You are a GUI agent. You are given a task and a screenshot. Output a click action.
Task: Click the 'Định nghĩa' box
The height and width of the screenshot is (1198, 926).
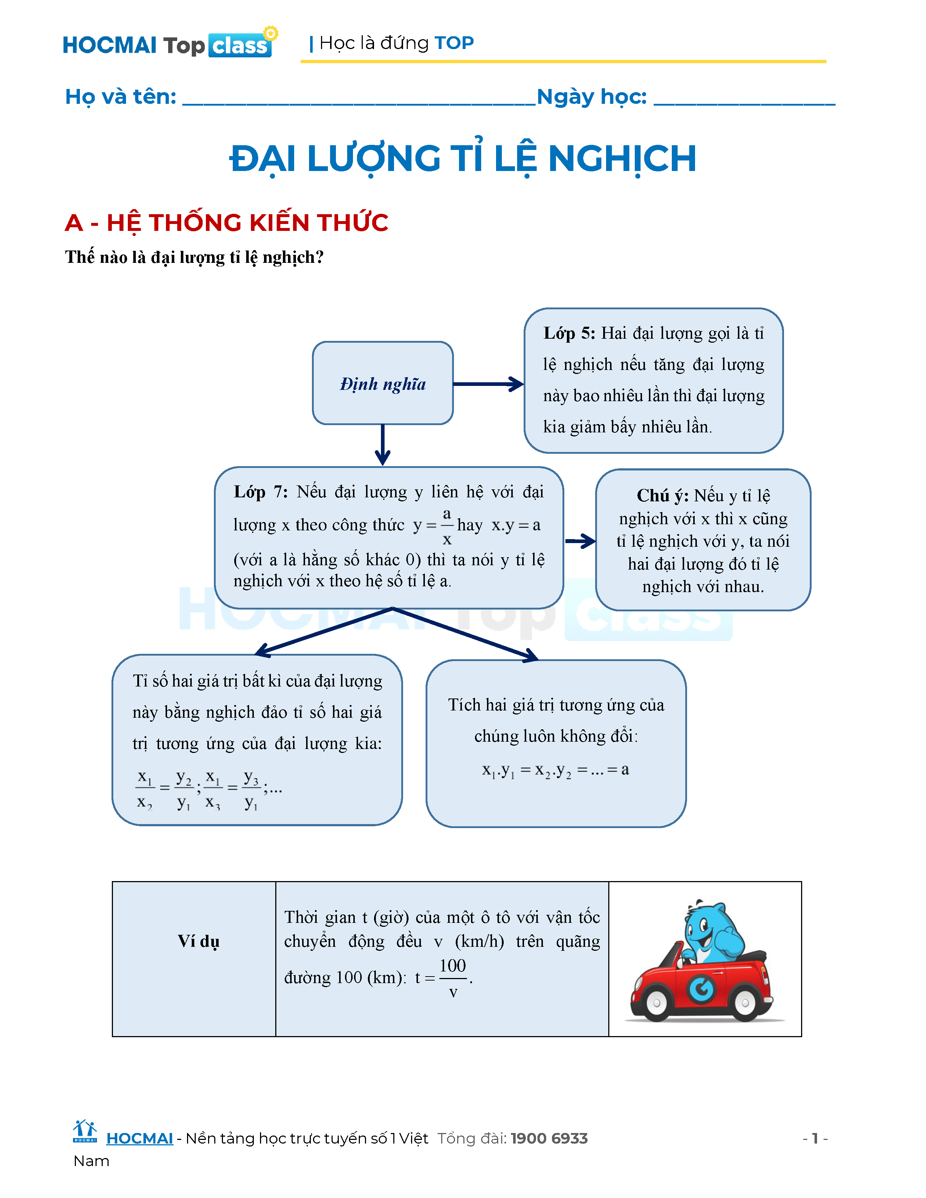[x=382, y=383]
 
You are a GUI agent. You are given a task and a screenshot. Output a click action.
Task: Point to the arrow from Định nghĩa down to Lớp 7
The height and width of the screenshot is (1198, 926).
[x=382, y=444]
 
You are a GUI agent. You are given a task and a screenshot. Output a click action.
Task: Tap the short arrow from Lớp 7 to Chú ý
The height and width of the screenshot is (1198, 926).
[x=580, y=541]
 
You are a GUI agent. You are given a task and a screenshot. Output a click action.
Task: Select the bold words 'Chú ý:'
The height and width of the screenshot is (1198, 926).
[x=662, y=495]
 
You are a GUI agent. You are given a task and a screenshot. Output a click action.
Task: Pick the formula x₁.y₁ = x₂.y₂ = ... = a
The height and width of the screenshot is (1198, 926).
[x=555, y=770]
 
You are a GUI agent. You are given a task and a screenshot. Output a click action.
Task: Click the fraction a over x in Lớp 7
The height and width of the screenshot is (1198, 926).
[x=447, y=526]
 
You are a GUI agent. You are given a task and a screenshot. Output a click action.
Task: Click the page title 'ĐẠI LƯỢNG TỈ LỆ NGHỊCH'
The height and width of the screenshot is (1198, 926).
[x=462, y=159]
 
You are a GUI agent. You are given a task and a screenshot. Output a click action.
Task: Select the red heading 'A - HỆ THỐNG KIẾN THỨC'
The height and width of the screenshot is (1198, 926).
[x=227, y=223]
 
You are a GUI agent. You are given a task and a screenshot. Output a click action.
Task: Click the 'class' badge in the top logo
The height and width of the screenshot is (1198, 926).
[x=240, y=45]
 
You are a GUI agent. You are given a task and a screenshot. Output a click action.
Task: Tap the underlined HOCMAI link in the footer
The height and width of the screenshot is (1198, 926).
[x=139, y=1138]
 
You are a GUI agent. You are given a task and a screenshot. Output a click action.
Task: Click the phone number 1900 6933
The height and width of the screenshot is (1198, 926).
[x=549, y=1138]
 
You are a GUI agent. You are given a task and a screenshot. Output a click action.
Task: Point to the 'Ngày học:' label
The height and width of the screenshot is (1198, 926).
[x=591, y=97]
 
